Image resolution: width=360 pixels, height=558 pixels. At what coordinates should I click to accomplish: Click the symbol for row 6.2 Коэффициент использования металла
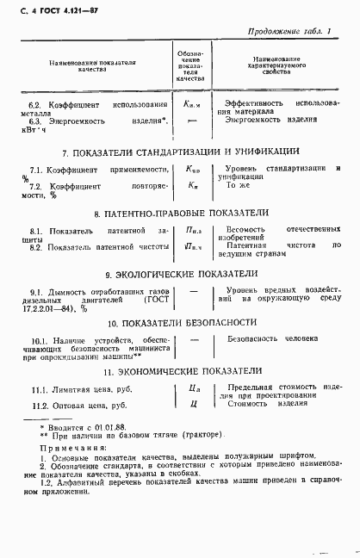pyautogui.click(x=193, y=103)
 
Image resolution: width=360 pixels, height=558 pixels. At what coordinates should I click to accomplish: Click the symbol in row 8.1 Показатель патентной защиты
pyautogui.click(x=193, y=232)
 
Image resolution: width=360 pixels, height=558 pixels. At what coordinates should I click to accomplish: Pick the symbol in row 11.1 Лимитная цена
pyautogui.click(x=195, y=390)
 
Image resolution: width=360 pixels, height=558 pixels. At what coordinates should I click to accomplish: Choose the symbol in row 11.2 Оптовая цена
pyautogui.click(x=195, y=405)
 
